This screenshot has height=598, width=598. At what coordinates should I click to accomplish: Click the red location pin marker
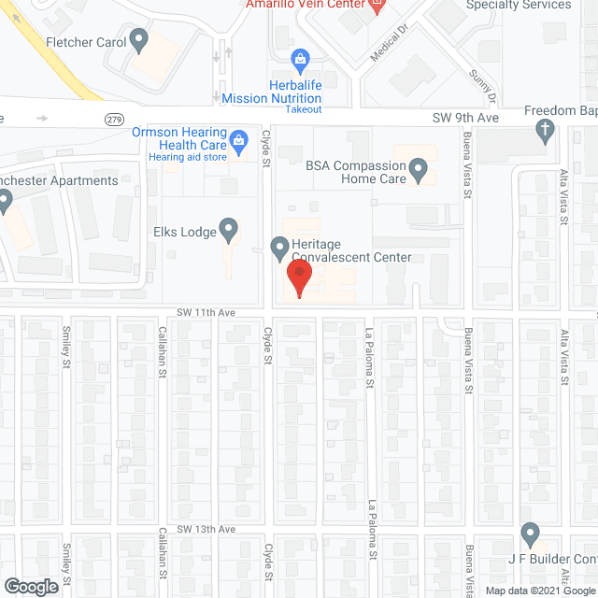(x=298, y=278)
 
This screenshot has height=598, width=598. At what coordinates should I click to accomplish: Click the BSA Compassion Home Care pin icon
(x=419, y=170)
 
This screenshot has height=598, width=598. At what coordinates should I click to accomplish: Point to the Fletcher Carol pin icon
(x=140, y=40)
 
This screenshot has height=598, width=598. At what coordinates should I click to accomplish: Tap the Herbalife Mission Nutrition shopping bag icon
(x=300, y=61)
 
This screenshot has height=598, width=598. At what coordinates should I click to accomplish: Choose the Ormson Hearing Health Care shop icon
(x=238, y=140)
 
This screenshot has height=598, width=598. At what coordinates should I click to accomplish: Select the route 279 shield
(x=114, y=119)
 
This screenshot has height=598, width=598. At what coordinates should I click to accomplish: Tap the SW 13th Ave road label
(x=208, y=529)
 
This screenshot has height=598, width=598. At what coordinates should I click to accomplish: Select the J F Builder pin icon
(x=530, y=535)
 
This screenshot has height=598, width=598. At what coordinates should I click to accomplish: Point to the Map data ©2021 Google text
(x=537, y=591)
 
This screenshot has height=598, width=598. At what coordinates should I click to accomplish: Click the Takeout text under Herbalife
(x=303, y=109)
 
